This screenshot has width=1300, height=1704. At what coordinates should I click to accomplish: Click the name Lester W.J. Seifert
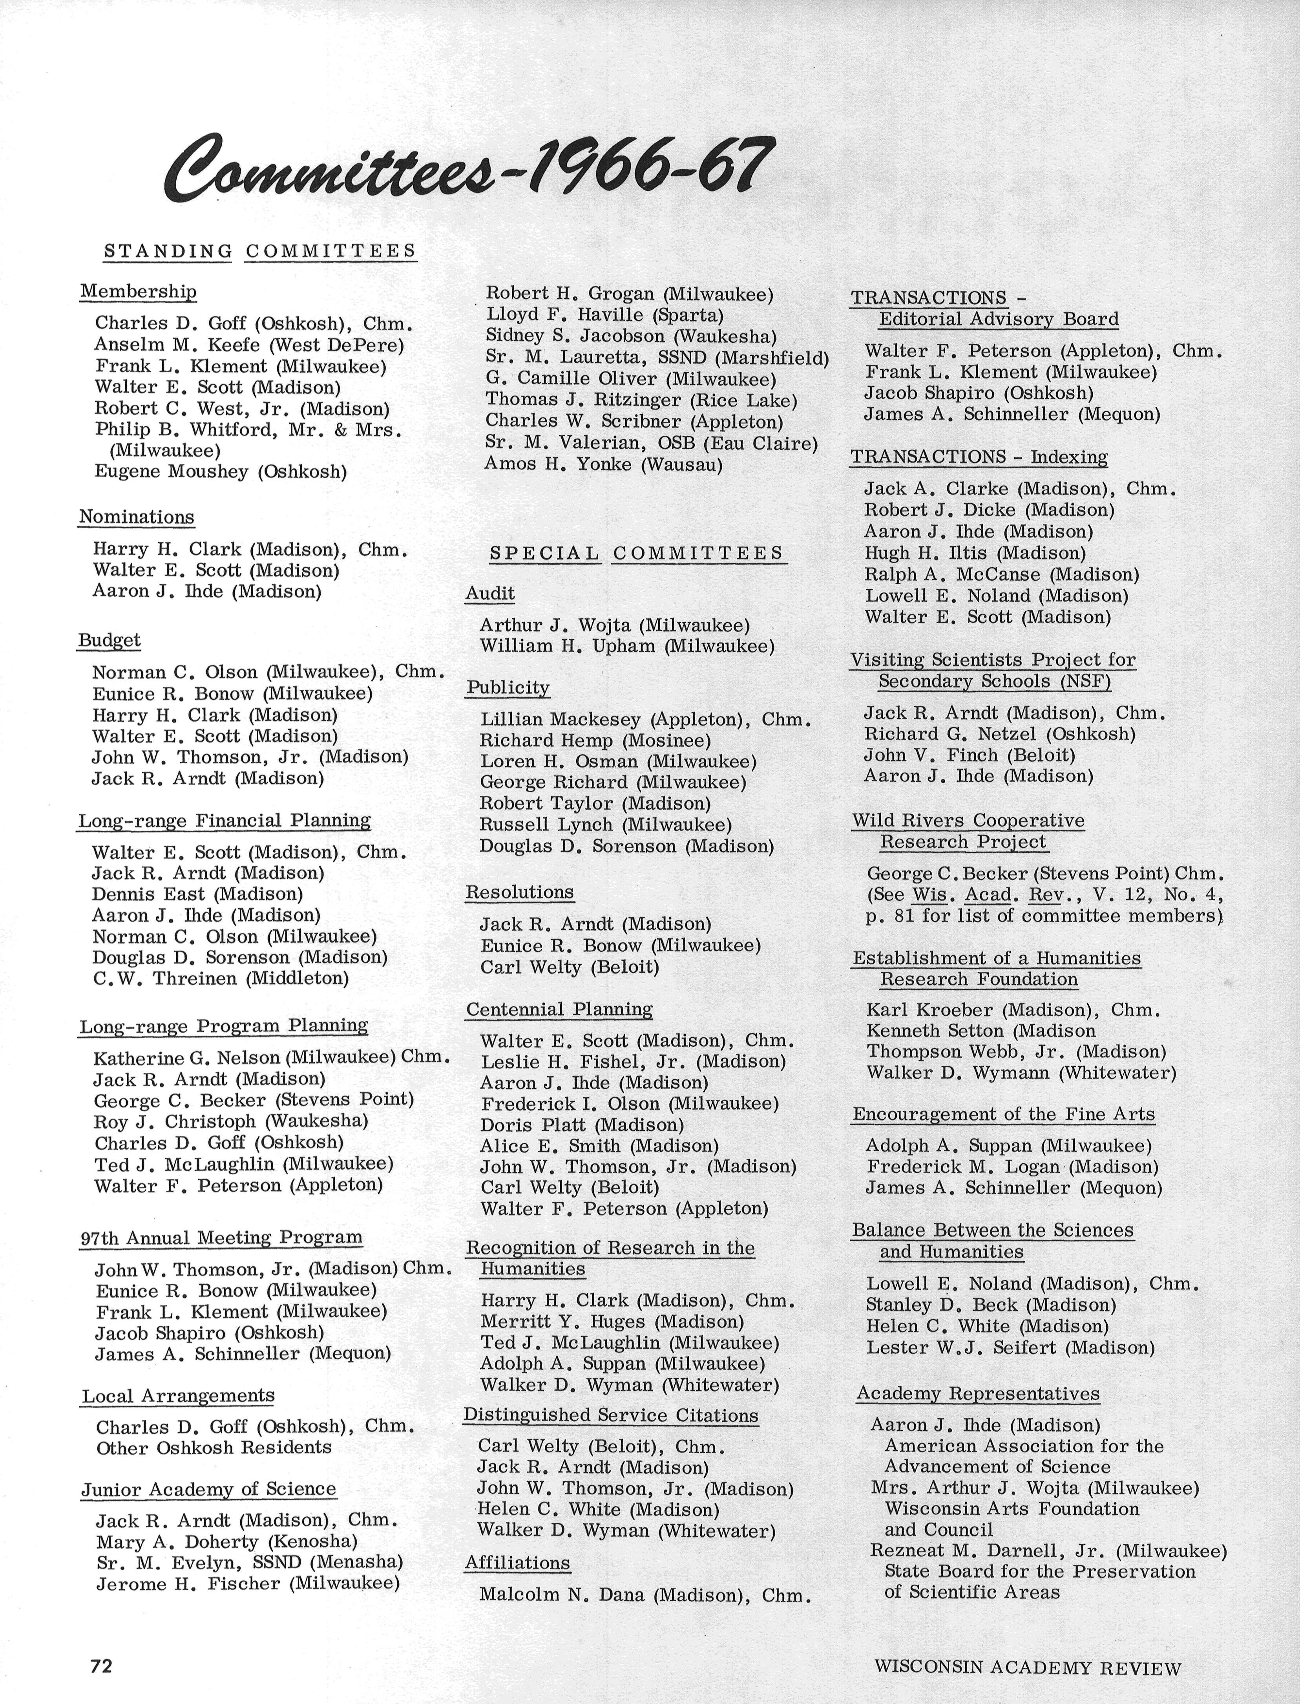click(x=961, y=1347)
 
